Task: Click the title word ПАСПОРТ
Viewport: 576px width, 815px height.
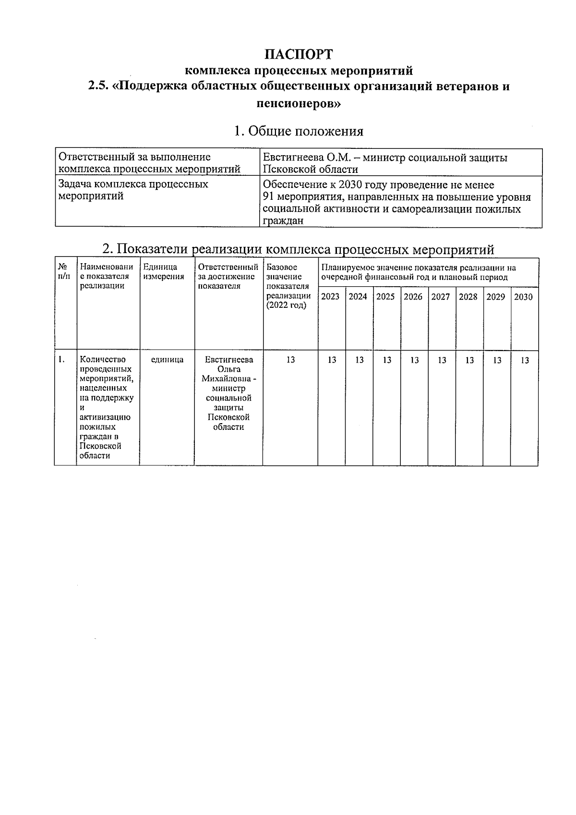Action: point(299,53)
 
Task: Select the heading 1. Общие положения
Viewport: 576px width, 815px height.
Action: point(298,131)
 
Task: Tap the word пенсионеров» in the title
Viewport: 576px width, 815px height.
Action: point(298,103)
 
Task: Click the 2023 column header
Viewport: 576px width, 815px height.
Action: point(330,297)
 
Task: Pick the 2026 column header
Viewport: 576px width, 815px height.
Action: point(413,297)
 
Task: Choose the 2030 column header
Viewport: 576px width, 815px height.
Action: point(523,297)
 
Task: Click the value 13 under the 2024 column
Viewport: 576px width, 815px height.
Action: point(360,360)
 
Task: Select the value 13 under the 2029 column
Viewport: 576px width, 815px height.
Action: point(497,360)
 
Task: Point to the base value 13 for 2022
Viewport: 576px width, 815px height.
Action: point(290,360)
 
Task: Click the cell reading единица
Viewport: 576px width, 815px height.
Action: point(167,360)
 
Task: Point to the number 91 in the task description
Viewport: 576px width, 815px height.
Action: point(270,197)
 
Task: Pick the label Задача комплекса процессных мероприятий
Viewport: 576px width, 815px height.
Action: point(133,190)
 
